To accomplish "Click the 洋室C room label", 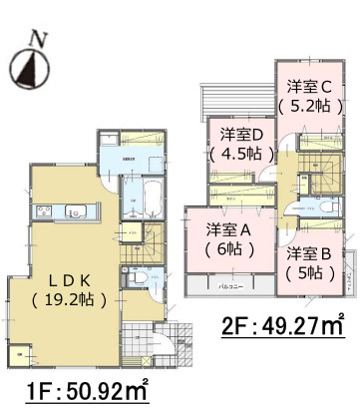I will [311, 85].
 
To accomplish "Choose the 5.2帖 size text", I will [311, 103].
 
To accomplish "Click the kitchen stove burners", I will [46, 210].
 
